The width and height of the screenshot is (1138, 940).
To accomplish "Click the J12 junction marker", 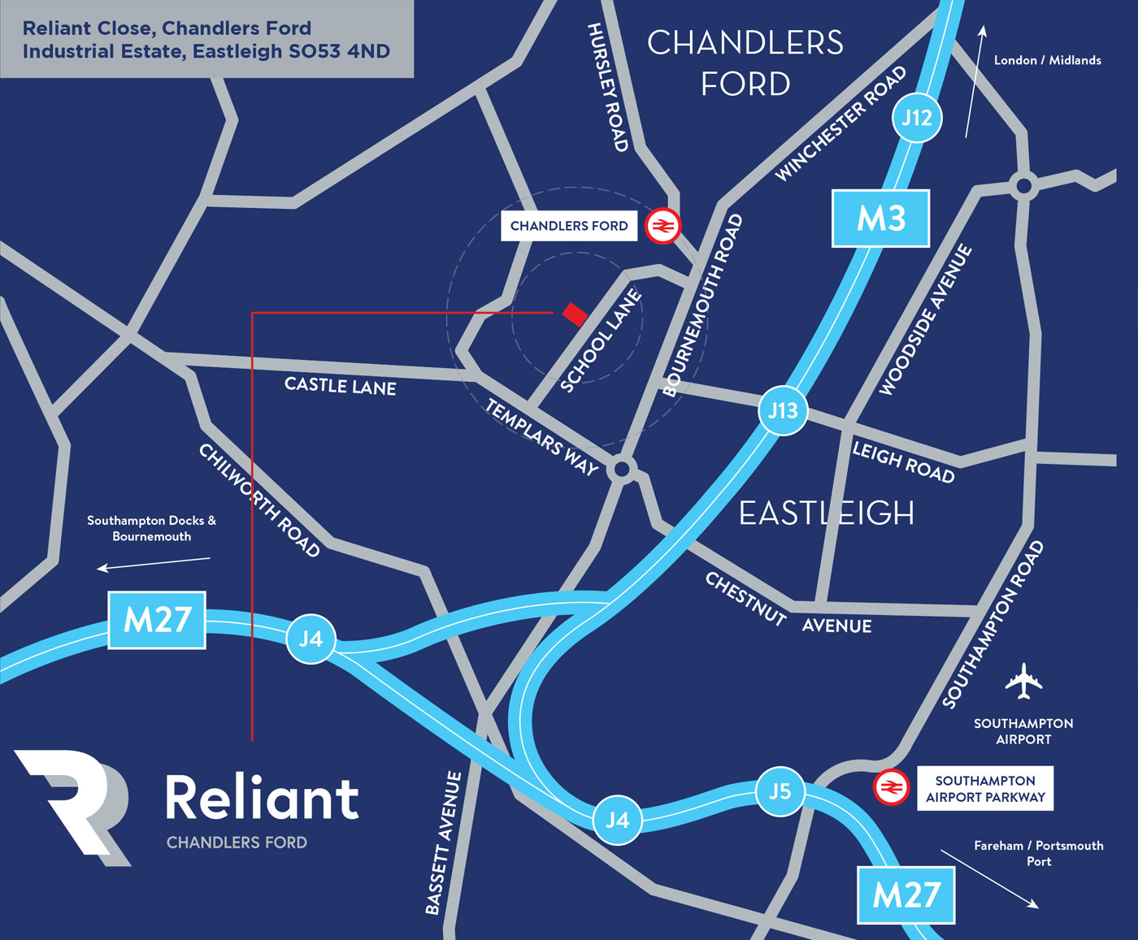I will [x=917, y=118].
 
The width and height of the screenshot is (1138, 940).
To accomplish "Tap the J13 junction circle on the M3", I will [x=783, y=411].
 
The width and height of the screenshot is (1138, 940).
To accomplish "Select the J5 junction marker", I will [x=780, y=791].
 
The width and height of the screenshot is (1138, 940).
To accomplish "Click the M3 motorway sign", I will [x=880, y=219].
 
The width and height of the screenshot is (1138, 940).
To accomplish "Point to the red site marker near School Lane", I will [x=575, y=314].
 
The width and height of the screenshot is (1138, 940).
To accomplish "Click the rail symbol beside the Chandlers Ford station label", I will [x=662, y=226].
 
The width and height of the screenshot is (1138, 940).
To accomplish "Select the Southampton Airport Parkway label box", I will [x=985, y=789].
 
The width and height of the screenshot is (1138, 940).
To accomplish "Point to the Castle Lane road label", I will [x=340, y=386].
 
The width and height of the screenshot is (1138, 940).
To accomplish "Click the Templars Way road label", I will [x=541, y=437].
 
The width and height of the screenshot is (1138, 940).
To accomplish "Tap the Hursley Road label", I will [x=608, y=87].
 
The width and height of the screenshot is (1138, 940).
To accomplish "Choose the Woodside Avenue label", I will [x=925, y=320].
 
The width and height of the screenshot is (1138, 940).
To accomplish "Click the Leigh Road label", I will [x=902, y=461].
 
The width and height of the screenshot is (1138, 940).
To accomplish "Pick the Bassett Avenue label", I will [x=444, y=843].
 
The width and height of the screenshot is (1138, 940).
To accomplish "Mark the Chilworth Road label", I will [x=259, y=500].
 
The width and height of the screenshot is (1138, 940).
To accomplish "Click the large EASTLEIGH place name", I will [x=826, y=513].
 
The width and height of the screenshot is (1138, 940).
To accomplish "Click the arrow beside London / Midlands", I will [x=974, y=81].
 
